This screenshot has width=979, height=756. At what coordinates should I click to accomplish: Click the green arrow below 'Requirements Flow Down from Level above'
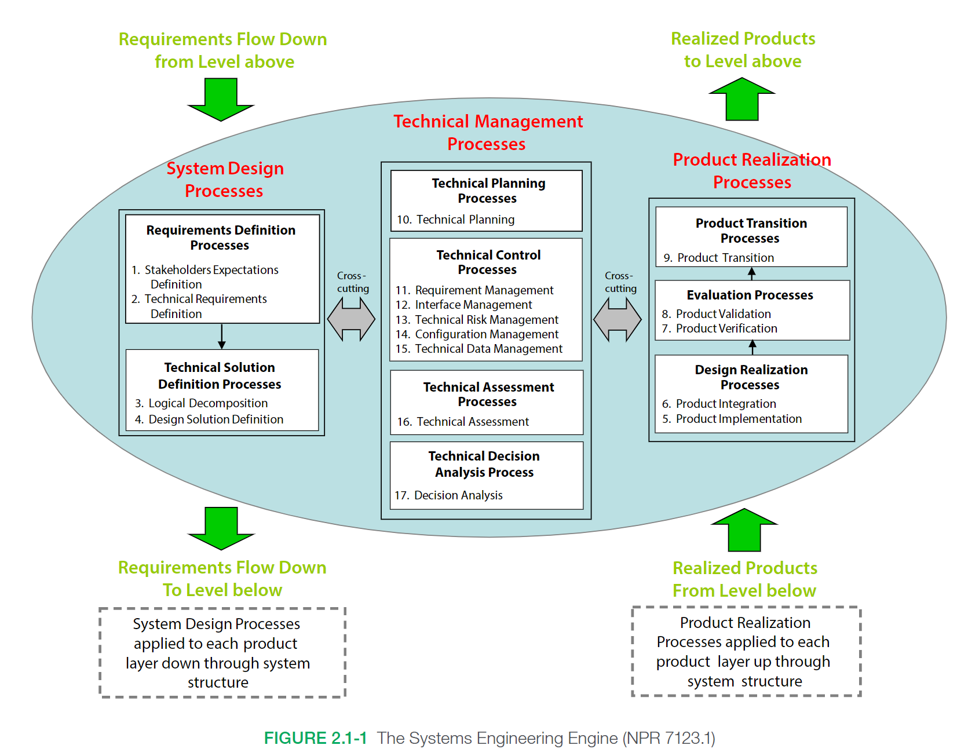[x=221, y=100]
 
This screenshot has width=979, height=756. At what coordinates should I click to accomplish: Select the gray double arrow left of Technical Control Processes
[x=351, y=319]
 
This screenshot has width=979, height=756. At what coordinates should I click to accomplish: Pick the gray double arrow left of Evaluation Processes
[x=618, y=319]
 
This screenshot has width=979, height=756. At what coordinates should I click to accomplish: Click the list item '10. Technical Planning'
[x=456, y=220]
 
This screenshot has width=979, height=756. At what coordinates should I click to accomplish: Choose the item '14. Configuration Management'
[x=477, y=334]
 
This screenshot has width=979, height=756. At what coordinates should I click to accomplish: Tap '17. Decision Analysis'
[x=449, y=495]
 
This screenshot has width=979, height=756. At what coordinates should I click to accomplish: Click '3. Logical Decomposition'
[x=202, y=403]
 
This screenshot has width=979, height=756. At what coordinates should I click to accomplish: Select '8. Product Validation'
[x=717, y=314]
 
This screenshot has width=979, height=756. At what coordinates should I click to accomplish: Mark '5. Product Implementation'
[x=732, y=419]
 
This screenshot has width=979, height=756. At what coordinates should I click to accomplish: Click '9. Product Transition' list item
[x=719, y=258]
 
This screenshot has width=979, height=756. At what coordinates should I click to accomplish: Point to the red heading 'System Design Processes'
[x=225, y=180]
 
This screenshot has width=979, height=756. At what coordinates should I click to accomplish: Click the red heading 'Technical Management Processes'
[x=488, y=133]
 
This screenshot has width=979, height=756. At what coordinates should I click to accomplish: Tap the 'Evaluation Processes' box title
[x=750, y=295]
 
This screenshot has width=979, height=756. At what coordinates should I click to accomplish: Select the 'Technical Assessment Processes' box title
[x=488, y=395]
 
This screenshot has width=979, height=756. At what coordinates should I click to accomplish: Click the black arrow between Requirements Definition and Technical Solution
[x=222, y=337]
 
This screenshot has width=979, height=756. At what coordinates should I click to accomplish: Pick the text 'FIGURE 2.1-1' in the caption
[x=316, y=738]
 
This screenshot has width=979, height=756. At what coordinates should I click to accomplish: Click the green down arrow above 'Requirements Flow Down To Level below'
[x=221, y=528]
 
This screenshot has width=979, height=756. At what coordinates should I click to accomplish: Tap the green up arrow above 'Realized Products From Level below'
[x=744, y=530]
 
